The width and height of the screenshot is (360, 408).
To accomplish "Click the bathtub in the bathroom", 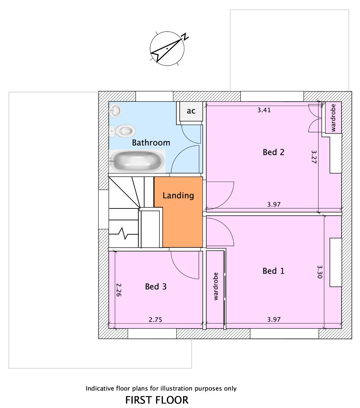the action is click(137, 161).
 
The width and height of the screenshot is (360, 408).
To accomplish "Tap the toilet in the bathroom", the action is click(122, 131).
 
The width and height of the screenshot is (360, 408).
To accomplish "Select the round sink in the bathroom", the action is click(115, 110).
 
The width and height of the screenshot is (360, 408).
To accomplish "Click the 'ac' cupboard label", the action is click(191, 111).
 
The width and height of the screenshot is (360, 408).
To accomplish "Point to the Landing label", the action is click(178, 195).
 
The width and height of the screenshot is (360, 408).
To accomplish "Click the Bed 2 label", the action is click(273, 152).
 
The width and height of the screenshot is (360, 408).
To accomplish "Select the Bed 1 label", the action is click(273, 271).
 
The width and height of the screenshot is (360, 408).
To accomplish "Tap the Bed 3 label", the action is click(156, 287).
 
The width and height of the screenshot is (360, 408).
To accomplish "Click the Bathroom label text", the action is click(151, 142).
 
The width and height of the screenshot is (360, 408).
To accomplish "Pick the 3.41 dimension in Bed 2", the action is click(264, 110).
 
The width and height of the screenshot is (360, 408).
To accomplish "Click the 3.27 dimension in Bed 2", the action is click(314, 157).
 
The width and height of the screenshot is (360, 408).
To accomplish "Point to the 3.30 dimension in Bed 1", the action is click(320, 272).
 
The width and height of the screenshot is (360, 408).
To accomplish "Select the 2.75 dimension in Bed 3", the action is click(155, 320).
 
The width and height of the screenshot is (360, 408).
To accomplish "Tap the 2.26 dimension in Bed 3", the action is click(119, 290).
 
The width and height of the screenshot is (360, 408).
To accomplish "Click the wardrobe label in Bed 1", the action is click(216, 286).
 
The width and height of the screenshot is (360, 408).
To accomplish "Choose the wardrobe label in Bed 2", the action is click(333, 118).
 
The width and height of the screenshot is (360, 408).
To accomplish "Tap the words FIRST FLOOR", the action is click(157, 400).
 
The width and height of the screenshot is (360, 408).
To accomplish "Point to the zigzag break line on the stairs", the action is click(124, 233).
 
